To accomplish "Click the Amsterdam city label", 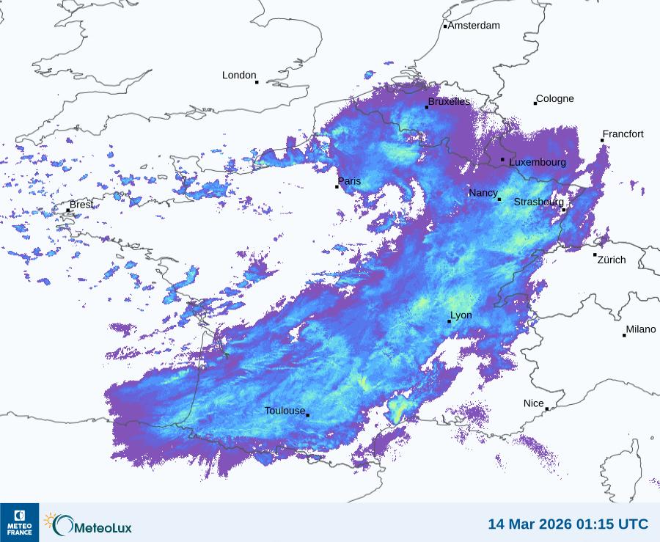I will point(474,26).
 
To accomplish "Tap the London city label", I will point(239,76).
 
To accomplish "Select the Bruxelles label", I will point(450,102).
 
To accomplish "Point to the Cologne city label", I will point(555,99).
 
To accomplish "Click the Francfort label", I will point(623,134).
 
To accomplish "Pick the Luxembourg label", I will point(538,162).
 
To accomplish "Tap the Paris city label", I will point(350,181).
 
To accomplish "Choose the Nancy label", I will point(483,193).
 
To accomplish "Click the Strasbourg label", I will point(538,202).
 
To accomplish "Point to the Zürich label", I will point(612,260).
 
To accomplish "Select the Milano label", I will point(641,330).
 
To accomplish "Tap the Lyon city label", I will point(461,315).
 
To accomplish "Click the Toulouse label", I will point(285,411).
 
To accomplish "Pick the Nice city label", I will point(534,403).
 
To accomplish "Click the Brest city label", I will point(81,205).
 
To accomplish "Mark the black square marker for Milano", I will point(624,335).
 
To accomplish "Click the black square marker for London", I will point(257,82).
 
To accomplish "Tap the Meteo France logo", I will point(20,522).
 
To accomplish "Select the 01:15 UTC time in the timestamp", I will point(613,524).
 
